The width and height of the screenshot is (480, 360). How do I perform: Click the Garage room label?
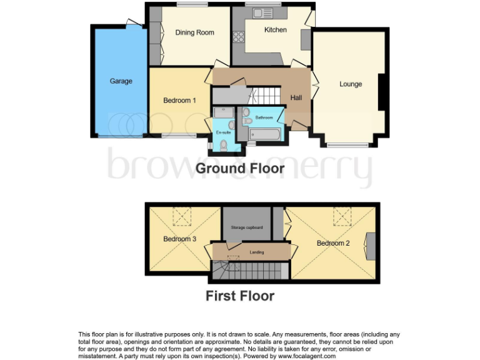[121, 81]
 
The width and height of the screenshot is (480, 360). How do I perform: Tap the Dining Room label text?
[194, 32]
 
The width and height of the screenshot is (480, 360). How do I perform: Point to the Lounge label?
[351, 84]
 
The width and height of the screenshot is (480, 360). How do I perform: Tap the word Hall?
[296, 97]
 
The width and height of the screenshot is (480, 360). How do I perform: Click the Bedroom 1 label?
[179, 100]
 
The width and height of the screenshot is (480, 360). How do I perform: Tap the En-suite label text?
[223, 132]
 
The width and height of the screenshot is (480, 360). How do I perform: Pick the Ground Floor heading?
[240, 168]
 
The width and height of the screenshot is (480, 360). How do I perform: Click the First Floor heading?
[240, 296]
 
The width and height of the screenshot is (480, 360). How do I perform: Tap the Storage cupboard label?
[246, 227]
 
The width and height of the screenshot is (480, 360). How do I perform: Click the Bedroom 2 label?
[333, 243]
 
